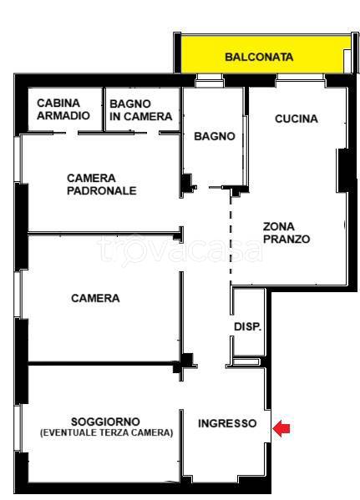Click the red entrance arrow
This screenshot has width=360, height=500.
[281, 428]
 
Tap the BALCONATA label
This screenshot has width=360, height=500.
[259, 57]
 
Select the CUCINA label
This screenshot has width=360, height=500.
[297, 119]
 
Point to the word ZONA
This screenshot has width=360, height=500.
[279, 227]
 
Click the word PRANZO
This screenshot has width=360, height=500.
[286, 240]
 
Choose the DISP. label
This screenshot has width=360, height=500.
[248, 326]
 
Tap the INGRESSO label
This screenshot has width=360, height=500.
[227, 423]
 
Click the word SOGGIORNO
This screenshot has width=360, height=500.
[105, 422]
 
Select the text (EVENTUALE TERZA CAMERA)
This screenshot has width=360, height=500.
[107, 432]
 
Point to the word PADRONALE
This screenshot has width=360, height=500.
[102, 190]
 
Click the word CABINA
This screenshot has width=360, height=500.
[58, 103]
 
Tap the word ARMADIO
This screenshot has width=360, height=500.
[63, 115]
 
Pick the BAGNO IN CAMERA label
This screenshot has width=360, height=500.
[141, 110]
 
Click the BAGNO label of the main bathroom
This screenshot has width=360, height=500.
[215, 136]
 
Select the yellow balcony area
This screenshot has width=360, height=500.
[261, 54]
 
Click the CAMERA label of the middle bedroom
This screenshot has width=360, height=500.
[95, 298]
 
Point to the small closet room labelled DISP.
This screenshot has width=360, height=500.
[249, 322]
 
